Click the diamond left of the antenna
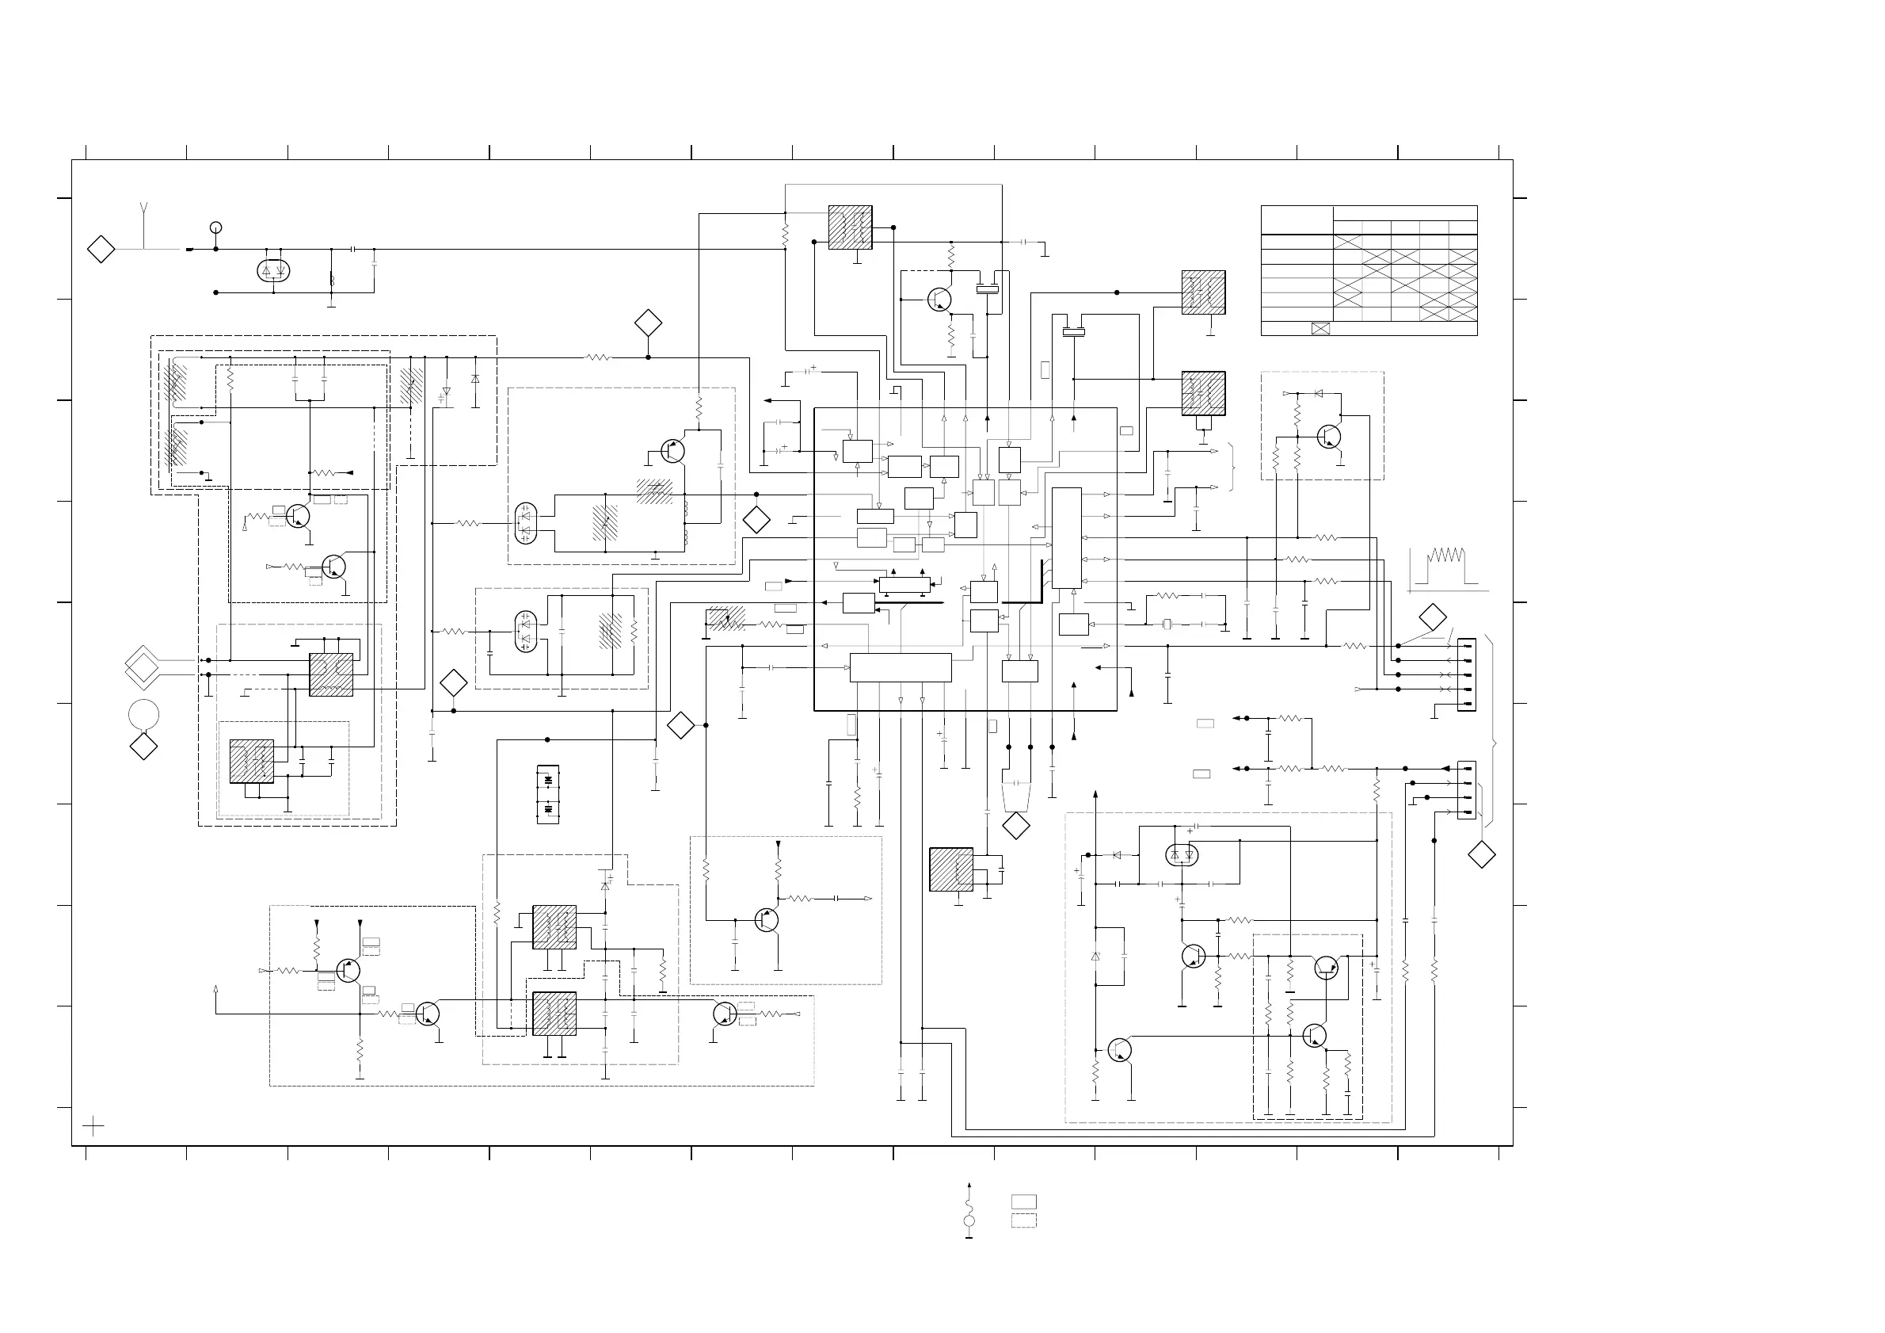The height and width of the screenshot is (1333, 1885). (x=101, y=249)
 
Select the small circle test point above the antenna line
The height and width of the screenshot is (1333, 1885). (x=216, y=227)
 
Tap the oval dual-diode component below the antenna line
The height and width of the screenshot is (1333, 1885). (x=274, y=270)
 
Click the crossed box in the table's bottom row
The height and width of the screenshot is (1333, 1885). (x=1320, y=329)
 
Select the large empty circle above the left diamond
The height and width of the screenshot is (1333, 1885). (x=143, y=715)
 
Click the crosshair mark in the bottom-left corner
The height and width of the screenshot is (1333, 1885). (x=93, y=1126)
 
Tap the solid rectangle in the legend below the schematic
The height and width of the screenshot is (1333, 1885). (x=1023, y=1201)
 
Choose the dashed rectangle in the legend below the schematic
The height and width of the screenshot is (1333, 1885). (x=1023, y=1220)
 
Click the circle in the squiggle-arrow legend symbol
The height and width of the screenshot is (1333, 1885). (x=969, y=1221)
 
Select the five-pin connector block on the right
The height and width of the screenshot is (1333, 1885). (x=1466, y=674)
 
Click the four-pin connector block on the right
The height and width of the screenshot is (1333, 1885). (x=1466, y=790)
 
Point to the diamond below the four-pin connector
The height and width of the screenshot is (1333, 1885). (x=1481, y=855)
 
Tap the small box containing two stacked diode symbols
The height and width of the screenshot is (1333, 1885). (x=547, y=794)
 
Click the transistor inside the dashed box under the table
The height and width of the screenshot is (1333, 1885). (x=1328, y=436)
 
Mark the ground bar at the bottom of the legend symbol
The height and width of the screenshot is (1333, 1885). (x=969, y=1237)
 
